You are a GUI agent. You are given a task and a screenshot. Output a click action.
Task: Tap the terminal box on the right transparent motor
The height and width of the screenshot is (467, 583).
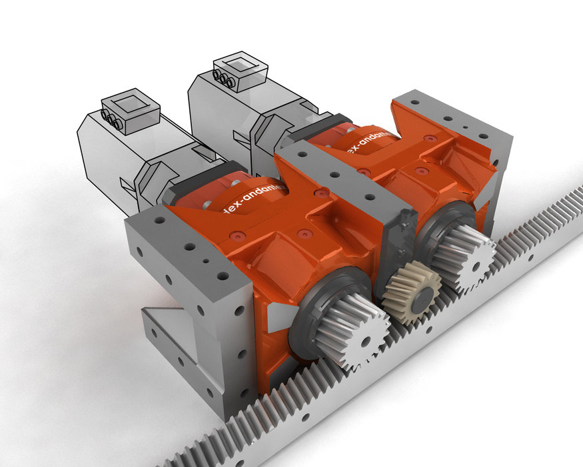click(x=240, y=71)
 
